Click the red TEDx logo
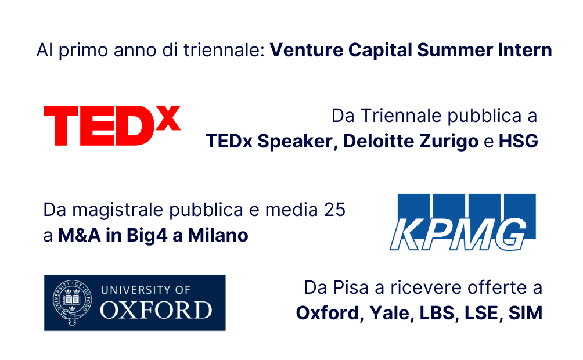click(112, 125)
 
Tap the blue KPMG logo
click(463, 222)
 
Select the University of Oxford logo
click(135, 303)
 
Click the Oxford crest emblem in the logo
click(72, 303)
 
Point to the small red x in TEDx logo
click(168, 118)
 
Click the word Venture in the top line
click(307, 50)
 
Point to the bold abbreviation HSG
click(519, 141)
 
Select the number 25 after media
click(334, 210)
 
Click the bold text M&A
click(79, 235)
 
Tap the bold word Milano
click(218, 235)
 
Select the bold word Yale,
click(392, 313)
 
